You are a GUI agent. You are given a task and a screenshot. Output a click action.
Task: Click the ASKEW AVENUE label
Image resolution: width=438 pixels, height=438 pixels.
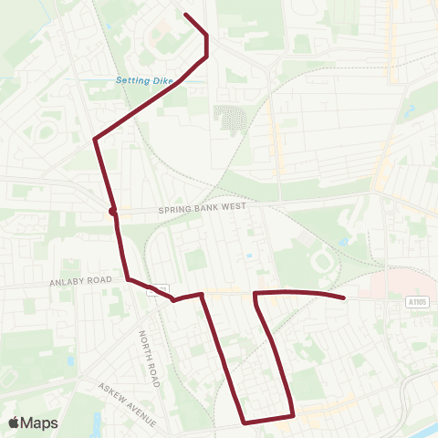pyautogui.click(x=128, y=404)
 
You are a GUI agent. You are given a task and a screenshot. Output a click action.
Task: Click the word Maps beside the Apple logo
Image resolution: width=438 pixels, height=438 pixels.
pyautogui.click(x=41, y=422)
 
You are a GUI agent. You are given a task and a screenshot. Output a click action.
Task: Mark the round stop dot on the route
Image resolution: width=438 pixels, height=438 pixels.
pyautogui.click(x=112, y=212)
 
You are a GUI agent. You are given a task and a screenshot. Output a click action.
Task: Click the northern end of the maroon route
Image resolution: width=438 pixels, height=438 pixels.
pyautogui.click(x=186, y=14)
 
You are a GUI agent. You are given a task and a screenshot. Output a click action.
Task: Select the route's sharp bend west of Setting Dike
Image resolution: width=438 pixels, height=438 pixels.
pyautogui.click(x=95, y=139)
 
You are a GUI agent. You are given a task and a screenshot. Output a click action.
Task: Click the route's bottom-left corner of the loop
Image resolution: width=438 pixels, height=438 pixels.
pyautogui.click(x=245, y=422)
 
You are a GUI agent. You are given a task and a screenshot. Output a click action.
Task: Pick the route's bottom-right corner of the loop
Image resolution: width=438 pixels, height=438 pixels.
pyautogui.click(x=292, y=415)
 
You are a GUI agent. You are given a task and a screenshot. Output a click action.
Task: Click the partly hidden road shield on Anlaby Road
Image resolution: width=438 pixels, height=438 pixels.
pyautogui.click(x=162, y=289)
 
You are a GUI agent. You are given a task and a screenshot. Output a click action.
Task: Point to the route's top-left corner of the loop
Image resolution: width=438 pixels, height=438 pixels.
pyautogui.click(x=255, y=294)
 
